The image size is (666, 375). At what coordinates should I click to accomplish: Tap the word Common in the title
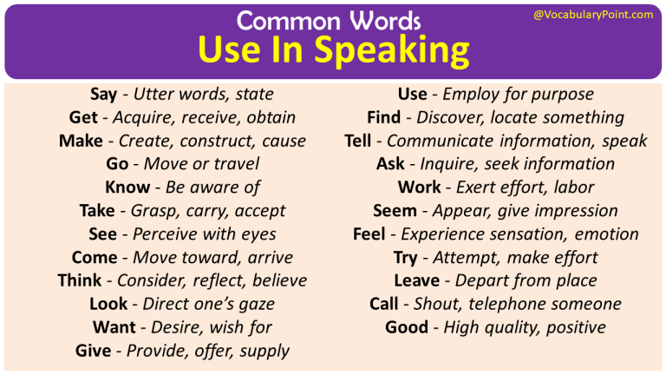[x=279, y=20]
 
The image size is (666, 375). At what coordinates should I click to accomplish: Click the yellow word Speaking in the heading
[x=391, y=51]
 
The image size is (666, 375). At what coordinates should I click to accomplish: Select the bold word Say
[x=104, y=94]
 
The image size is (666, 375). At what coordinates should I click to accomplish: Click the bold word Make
[x=81, y=141]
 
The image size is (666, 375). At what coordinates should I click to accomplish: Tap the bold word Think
[x=80, y=280]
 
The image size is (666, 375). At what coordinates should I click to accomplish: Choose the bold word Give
[x=94, y=351]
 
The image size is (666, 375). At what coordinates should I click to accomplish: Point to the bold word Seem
[x=395, y=210]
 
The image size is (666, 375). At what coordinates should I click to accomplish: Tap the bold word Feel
[x=369, y=234]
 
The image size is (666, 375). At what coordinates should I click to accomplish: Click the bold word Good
[x=407, y=327]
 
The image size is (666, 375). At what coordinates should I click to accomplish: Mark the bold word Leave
[x=416, y=280]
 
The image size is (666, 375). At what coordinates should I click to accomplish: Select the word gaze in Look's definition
[x=254, y=304]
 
